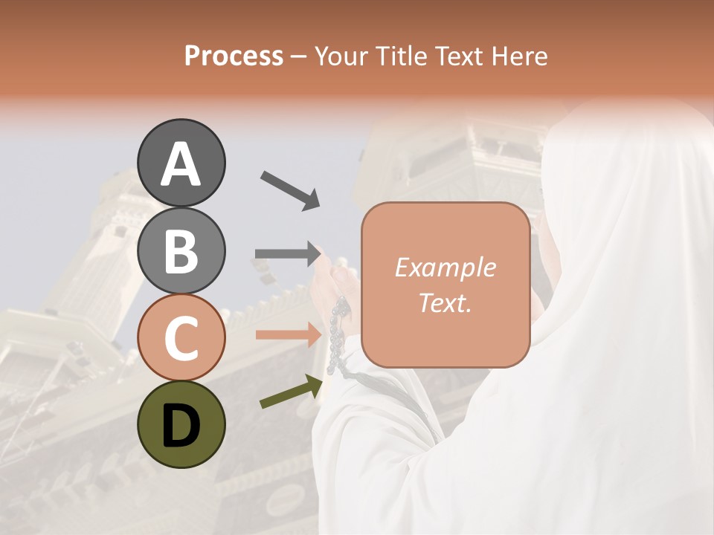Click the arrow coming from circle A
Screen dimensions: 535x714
290,190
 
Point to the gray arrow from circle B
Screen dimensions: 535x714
287,254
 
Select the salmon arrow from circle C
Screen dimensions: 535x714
287,335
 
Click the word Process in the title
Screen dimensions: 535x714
234,56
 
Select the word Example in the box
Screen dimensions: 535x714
446,267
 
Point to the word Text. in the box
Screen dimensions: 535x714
446,303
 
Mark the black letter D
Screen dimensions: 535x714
181,426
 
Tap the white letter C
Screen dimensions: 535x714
181,339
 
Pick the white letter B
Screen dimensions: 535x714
181,251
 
